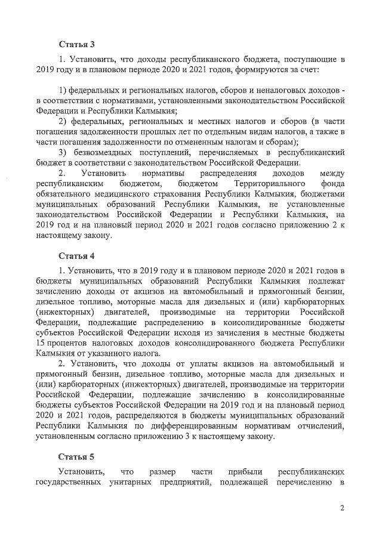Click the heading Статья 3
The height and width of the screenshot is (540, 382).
point(76,44)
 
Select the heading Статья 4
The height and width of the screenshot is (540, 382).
point(76,256)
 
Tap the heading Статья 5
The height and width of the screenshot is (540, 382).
point(76,458)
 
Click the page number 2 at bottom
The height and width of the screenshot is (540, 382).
point(343,508)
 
